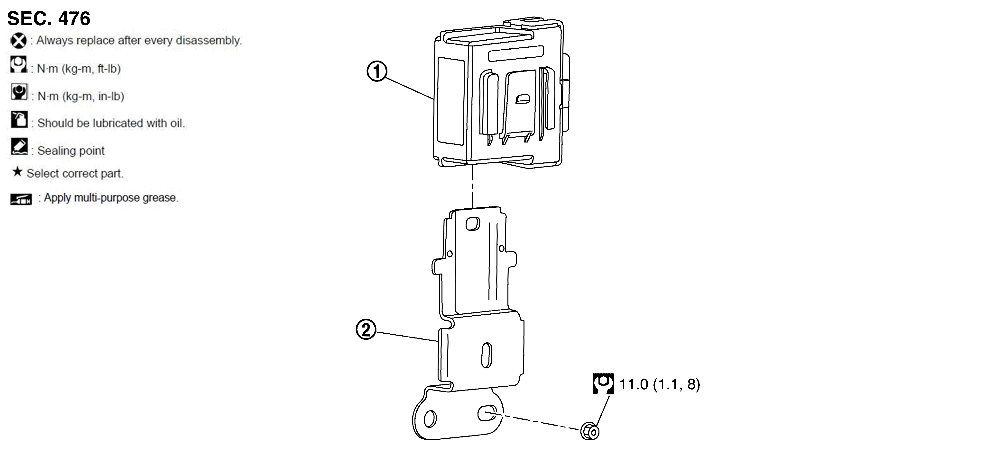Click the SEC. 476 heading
coord(49,18)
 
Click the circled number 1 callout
coord(377,71)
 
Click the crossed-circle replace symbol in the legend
coord(18,40)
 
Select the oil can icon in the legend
coord(19,119)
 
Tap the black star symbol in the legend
coord(17,172)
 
